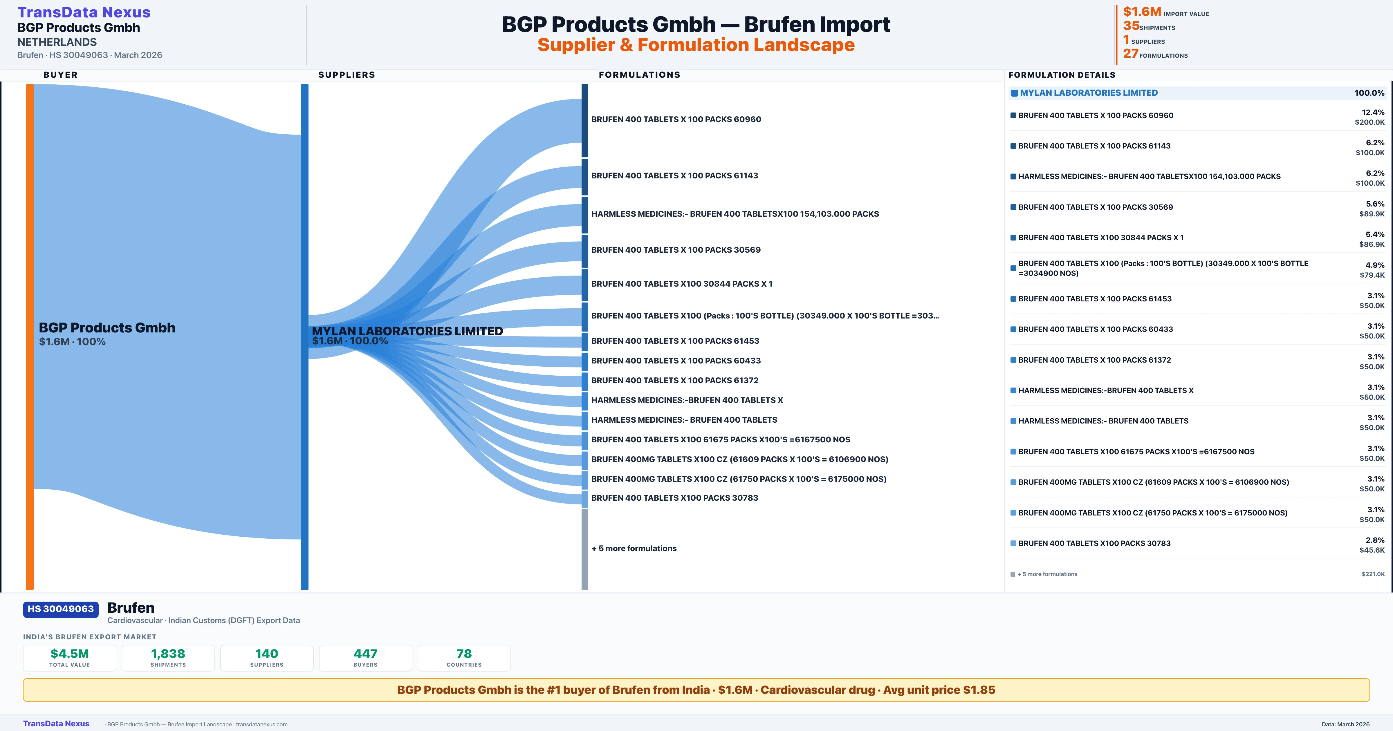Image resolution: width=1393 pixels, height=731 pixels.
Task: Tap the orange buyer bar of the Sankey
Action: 30,336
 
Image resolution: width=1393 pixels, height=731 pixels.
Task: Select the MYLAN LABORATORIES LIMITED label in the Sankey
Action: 407,331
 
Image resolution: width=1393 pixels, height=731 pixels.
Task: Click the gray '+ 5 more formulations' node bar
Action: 584,549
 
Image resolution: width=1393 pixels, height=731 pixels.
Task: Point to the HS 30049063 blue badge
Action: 61,609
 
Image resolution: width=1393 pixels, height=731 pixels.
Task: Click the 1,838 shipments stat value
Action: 168,654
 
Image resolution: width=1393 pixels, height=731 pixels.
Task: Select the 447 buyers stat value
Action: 366,654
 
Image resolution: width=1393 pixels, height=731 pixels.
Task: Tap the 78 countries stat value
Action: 464,654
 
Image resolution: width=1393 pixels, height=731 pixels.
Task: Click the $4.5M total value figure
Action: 70,654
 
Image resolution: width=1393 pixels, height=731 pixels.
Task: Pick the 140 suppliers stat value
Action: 267,654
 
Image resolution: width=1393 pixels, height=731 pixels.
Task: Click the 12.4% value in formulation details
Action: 1373,112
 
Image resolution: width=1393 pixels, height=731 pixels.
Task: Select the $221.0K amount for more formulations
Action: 1373,574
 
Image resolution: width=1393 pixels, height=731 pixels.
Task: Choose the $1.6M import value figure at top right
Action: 1142,11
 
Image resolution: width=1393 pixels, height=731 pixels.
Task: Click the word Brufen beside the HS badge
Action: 131,608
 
